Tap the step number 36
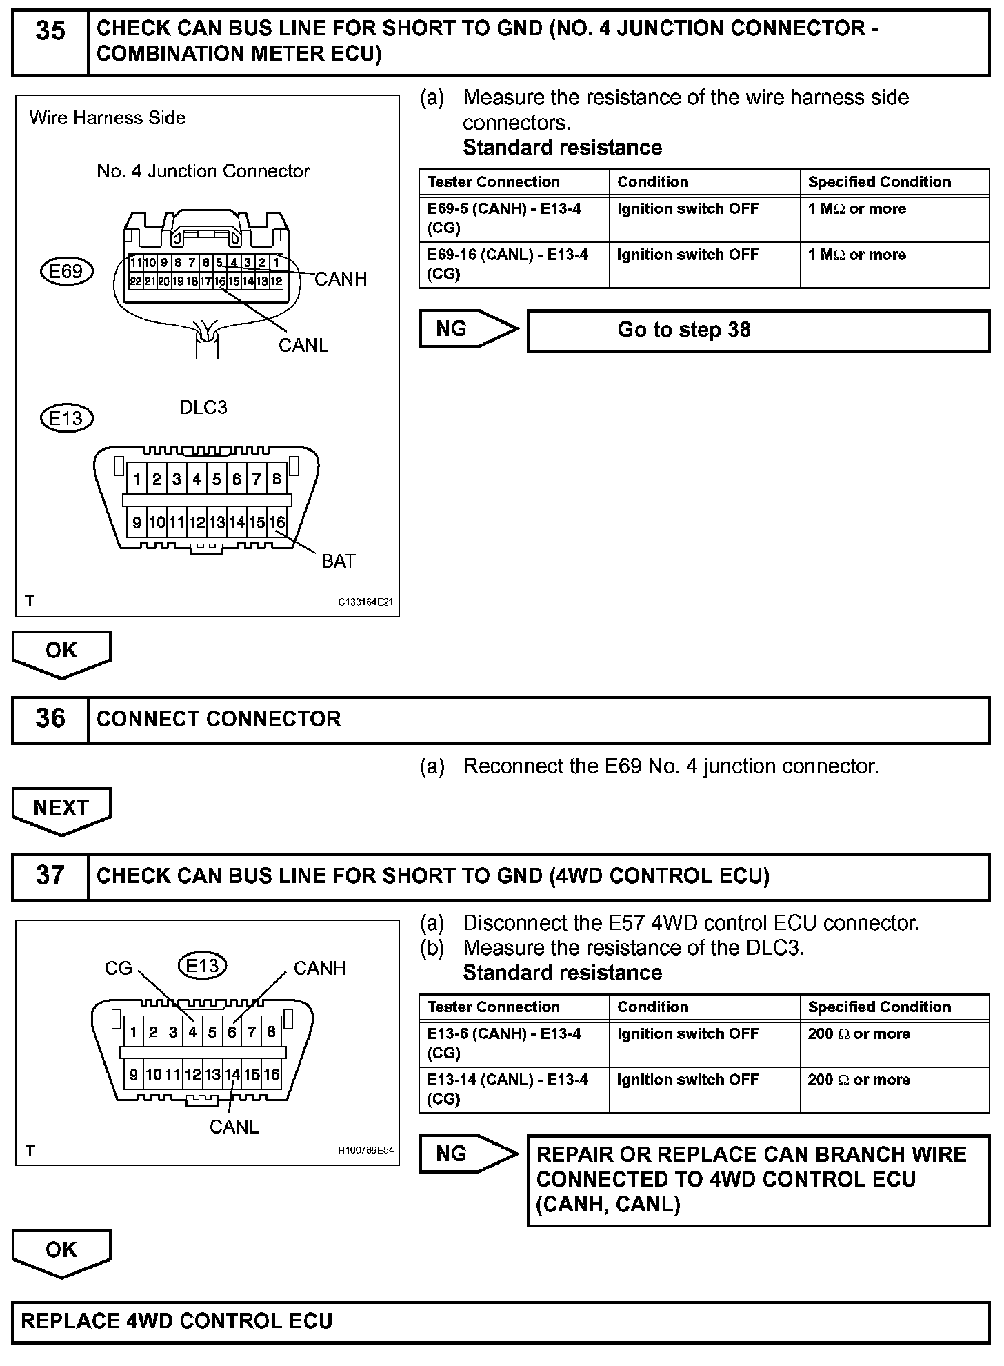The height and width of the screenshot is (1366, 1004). coord(50,720)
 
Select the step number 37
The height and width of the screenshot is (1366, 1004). coord(50,876)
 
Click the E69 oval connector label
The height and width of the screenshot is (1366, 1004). coord(66,271)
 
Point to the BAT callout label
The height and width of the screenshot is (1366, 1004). coord(338,562)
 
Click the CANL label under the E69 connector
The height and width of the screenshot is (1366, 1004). coord(303,345)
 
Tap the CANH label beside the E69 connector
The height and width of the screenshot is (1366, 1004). coord(341,279)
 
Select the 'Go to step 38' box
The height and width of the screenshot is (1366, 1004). coord(758,330)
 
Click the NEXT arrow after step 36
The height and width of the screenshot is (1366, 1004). coord(61,809)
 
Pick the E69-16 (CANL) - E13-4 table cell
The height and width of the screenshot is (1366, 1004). coord(514,264)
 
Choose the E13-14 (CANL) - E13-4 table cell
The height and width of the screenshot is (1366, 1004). coord(514,1089)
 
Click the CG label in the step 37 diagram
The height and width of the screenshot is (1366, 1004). coord(118,969)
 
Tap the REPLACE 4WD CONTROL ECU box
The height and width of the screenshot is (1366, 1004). coord(501,1322)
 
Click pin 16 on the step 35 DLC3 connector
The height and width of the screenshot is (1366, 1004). coord(277,522)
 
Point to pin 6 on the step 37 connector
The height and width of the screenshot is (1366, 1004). coord(232,1032)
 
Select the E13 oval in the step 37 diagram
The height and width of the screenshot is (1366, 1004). coord(202,965)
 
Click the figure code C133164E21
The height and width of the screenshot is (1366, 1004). coord(365,602)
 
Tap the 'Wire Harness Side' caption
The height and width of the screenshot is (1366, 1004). coord(108,118)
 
